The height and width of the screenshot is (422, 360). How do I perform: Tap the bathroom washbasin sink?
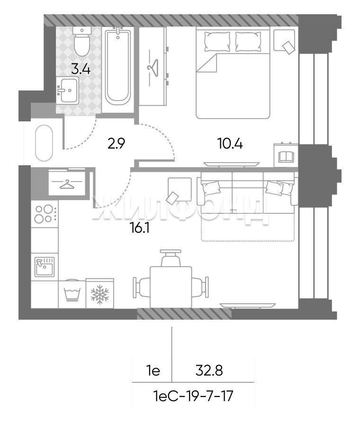[x=67, y=91]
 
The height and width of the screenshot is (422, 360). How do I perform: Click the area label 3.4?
[x=81, y=69]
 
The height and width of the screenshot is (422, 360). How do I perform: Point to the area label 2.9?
[x=116, y=144]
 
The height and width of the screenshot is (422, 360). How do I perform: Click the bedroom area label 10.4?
[x=230, y=144]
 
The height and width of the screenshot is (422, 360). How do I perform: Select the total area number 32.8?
[x=209, y=371]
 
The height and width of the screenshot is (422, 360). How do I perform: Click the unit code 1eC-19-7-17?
[x=193, y=396]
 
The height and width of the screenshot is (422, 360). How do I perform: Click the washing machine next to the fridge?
[x=72, y=294]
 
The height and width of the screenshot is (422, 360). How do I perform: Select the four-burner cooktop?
[x=45, y=214]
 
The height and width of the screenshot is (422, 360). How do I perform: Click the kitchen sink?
[x=45, y=267]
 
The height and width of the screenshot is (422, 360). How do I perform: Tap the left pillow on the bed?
[x=217, y=42]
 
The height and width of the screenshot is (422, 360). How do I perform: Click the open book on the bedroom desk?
[x=286, y=156]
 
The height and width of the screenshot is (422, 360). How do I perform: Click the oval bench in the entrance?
[x=44, y=143]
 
